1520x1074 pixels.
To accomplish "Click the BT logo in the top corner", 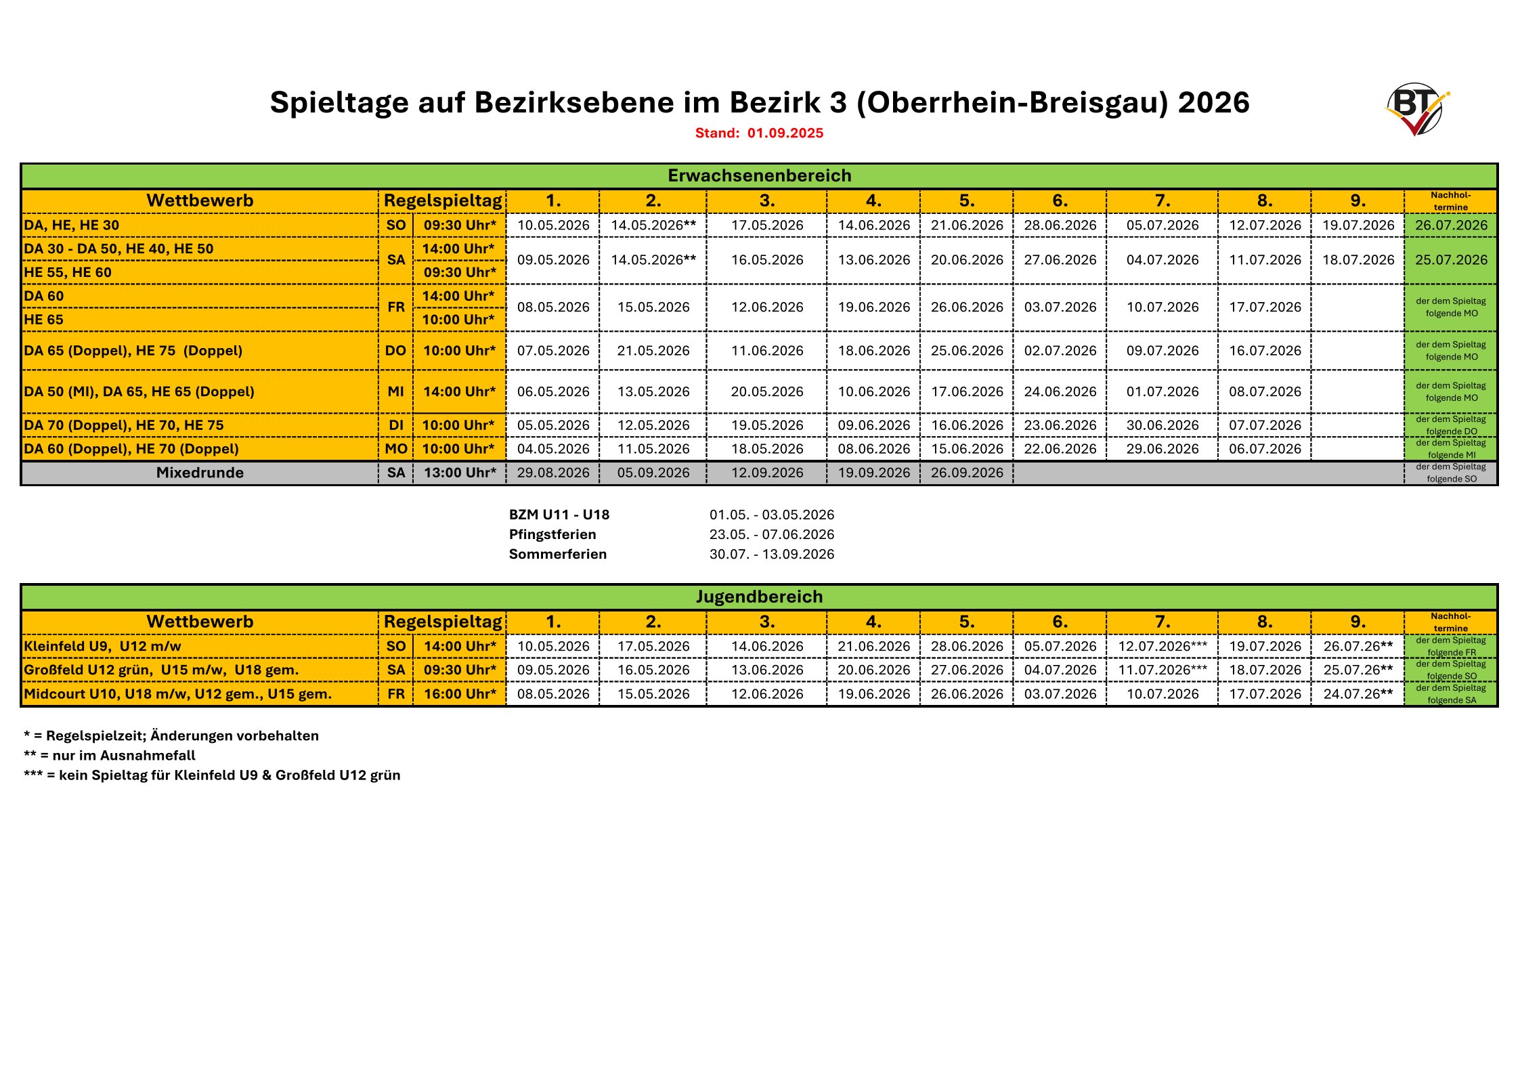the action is coord(1416,108).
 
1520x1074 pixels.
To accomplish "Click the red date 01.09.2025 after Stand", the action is coord(785,133).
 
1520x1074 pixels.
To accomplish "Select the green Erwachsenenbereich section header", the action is coord(759,176).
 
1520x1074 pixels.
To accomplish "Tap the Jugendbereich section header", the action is coord(759,597).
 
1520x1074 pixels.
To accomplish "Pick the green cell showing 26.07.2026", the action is coord(1451,225).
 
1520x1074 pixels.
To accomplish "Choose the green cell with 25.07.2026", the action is coord(1451,260).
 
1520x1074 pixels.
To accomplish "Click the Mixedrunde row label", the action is coord(200,473).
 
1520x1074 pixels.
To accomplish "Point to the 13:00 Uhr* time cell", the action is coord(460,473).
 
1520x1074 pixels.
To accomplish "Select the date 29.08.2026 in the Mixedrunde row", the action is coord(553,473).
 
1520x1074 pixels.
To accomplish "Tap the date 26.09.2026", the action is coord(967,473).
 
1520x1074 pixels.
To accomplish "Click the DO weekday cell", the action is coord(396,351).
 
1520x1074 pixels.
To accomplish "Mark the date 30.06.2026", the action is coord(1163,425).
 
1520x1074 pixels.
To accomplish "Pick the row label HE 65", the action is coord(44,320).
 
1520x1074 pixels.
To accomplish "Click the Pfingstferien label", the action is coord(552,534).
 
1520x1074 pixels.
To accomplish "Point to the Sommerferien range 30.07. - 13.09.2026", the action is coord(772,554).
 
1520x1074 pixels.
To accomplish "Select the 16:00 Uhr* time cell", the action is coord(460,694).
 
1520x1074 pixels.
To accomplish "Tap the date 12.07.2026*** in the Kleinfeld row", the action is coord(1163,647).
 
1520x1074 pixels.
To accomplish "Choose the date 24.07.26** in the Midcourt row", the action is coord(1358,694).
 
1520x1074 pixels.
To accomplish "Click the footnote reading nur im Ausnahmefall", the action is coord(110,756).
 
